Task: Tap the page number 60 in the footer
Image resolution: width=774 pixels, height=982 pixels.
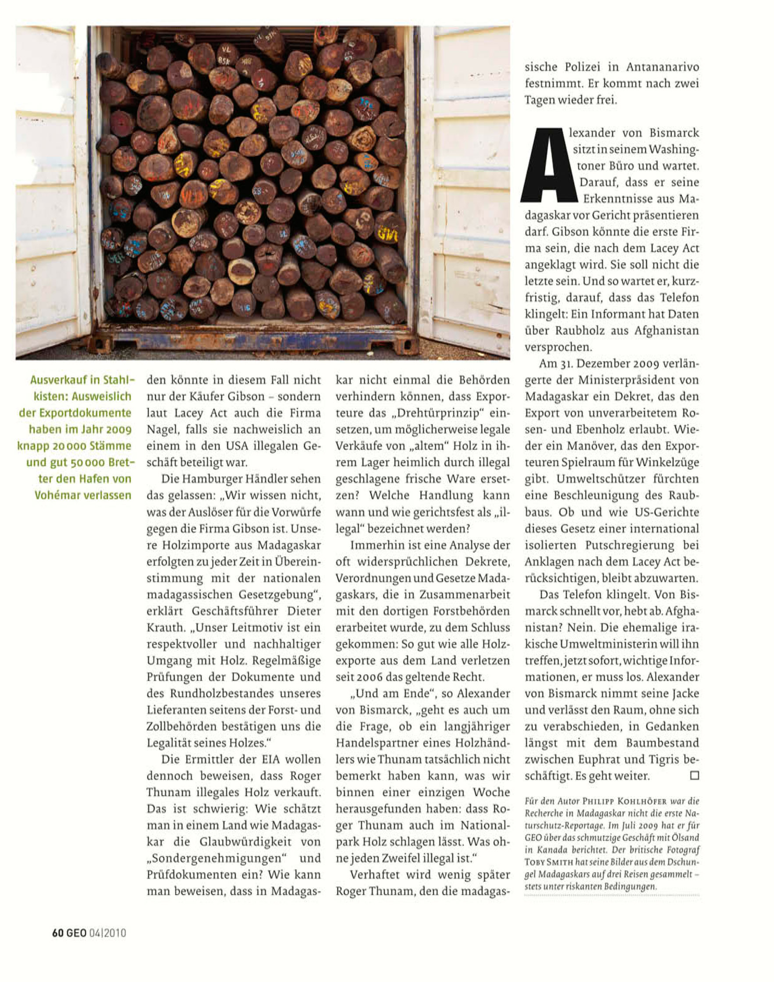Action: [x=57, y=932]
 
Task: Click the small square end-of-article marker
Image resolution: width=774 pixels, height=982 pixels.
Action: [x=694, y=775]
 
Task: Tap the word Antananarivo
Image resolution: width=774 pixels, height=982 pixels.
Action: [x=663, y=67]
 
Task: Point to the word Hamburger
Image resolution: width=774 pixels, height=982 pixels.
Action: [x=219, y=479]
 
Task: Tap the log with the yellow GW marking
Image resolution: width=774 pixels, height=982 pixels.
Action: [x=388, y=233]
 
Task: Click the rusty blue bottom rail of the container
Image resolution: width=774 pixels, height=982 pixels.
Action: [x=254, y=339]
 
